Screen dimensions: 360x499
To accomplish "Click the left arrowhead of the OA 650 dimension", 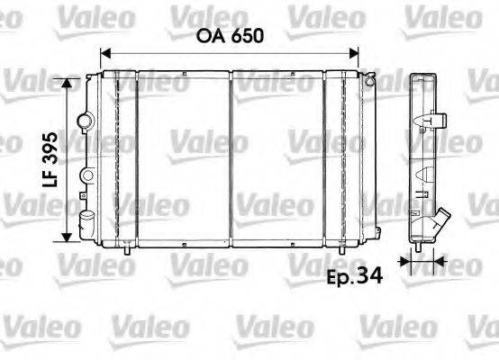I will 105,54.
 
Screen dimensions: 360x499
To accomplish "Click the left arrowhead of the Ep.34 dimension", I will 406,263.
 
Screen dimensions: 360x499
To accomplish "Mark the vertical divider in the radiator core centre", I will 233,158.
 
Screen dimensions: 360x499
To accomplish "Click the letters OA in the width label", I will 213,38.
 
